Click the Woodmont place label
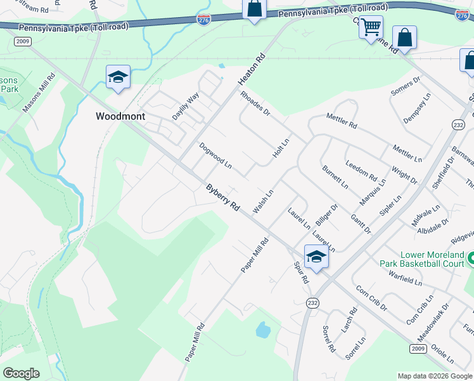tap(120, 117)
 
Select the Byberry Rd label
tap(222, 198)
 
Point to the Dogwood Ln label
tap(215, 155)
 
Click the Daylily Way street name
tap(186, 106)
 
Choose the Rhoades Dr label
tap(255, 104)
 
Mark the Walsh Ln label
tap(262, 201)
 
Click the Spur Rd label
tap(301, 272)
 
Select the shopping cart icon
tap(371, 27)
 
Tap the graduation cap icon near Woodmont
tap(118, 77)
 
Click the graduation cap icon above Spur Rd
tap(316, 257)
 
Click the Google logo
tap(21, 373)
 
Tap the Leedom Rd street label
tap(361, 170)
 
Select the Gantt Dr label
tap(360, 224)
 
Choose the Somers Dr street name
tap(406, 86)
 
